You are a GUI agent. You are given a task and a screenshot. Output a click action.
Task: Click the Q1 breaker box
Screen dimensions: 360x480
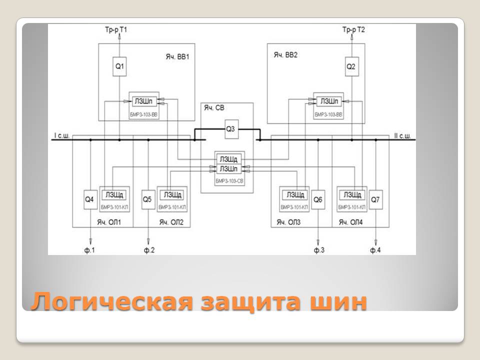pyautogui.click(x=119, y=66)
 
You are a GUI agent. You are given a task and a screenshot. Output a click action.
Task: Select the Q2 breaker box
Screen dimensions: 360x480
pyautogui.click(x=351, y=66)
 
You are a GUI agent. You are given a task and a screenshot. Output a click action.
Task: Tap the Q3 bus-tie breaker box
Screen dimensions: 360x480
pyautogui.click(x=230, y=129)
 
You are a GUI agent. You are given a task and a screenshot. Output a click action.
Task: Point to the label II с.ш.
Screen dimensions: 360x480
pyautogui.click(x=401, y=135)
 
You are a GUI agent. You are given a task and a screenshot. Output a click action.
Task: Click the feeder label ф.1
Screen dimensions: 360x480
pyautogui.click(x=90, y=249)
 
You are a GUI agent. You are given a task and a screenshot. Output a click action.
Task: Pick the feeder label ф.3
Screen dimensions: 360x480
pyautogui.click(x=319, y=249)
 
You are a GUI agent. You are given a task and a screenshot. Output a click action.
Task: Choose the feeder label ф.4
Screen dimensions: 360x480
pyautogui.click(x=375, y=249)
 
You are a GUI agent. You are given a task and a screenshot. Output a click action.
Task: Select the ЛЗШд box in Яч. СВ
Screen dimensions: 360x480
pyautogui.click(x=227, y=159)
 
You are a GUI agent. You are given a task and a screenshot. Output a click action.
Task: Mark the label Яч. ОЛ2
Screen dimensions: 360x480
pyautogui.click(x=171, y=221)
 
